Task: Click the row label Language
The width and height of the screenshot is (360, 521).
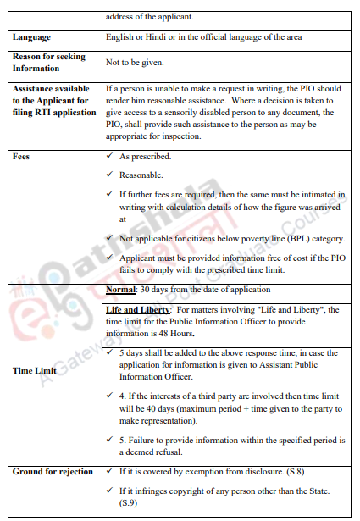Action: pyautogui.click(x=32, y=38)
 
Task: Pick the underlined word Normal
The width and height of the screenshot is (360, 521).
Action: pyautogui.click(x=121, y=291)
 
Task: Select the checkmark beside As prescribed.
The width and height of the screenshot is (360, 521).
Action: pyautogui.click(x=111, y=157)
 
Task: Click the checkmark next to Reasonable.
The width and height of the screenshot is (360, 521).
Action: pyautogui.click(x=111, y=175)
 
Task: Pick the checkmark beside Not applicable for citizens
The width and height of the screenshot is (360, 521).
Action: pyautogui.click(x=111, y=239)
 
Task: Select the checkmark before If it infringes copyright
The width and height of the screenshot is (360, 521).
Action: pyautogui.click(x=111, y=492)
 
